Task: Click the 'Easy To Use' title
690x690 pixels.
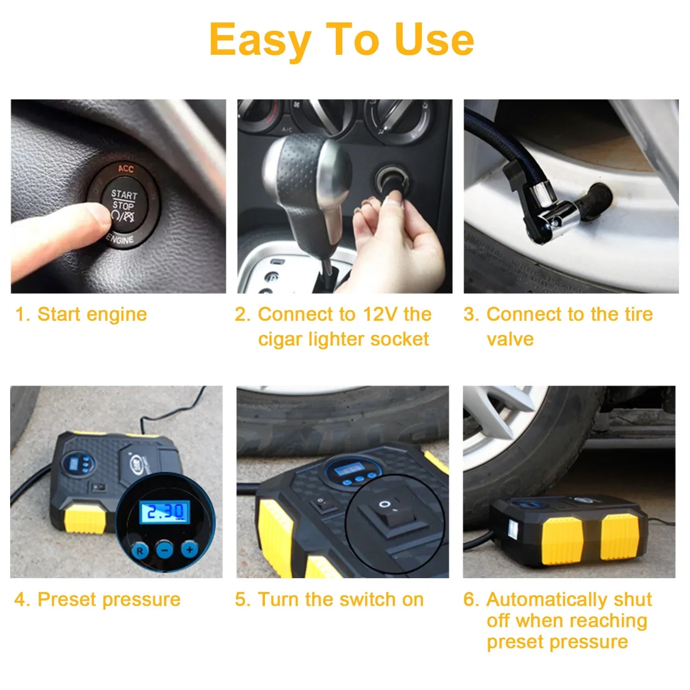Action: (341, 40)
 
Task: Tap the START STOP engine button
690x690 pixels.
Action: (123, 206)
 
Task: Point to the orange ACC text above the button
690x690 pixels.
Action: (126, 169)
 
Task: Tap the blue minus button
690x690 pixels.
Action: (164, 549)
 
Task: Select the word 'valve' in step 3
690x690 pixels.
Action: (510, 339)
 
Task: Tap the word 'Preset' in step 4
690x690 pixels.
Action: (67, 600)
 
